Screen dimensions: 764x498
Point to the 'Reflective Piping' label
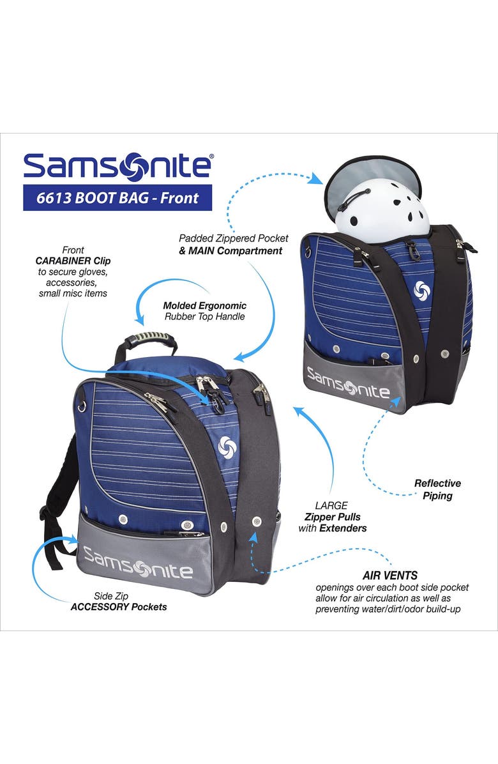[x=437, y=489]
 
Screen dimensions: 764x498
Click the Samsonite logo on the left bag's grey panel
[x=137, y=561]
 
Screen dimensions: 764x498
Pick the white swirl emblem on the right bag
[x=422, y=289]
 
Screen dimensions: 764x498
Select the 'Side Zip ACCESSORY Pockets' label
[x=119, y=601]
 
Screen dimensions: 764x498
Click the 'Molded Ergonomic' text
[x=204, y=305]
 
